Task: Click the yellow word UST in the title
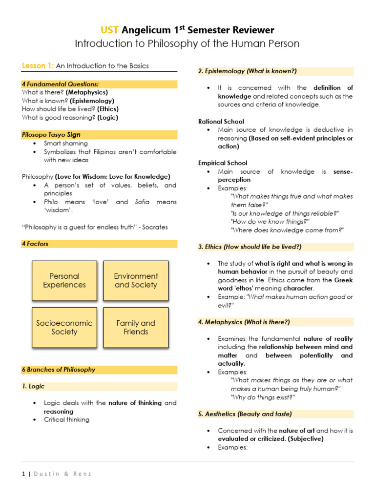pos(109,30)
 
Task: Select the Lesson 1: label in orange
pos(38,66)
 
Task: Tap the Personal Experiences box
pos(64,281)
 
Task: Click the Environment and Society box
pos(136,281)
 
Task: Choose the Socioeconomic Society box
pos(64,328)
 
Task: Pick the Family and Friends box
pos(136,328)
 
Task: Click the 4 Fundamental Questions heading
pos(57,84)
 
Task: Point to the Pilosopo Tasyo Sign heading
pos(51,135)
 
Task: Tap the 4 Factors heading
pos(35,244)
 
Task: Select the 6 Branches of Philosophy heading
pos(59,370)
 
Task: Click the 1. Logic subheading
pos(33,386)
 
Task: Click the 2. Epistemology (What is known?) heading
pos(241,71)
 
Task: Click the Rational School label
pos(221,121)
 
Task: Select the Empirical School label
pos(223,163)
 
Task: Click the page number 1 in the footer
pos(23,474)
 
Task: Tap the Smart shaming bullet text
pos(65,144)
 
